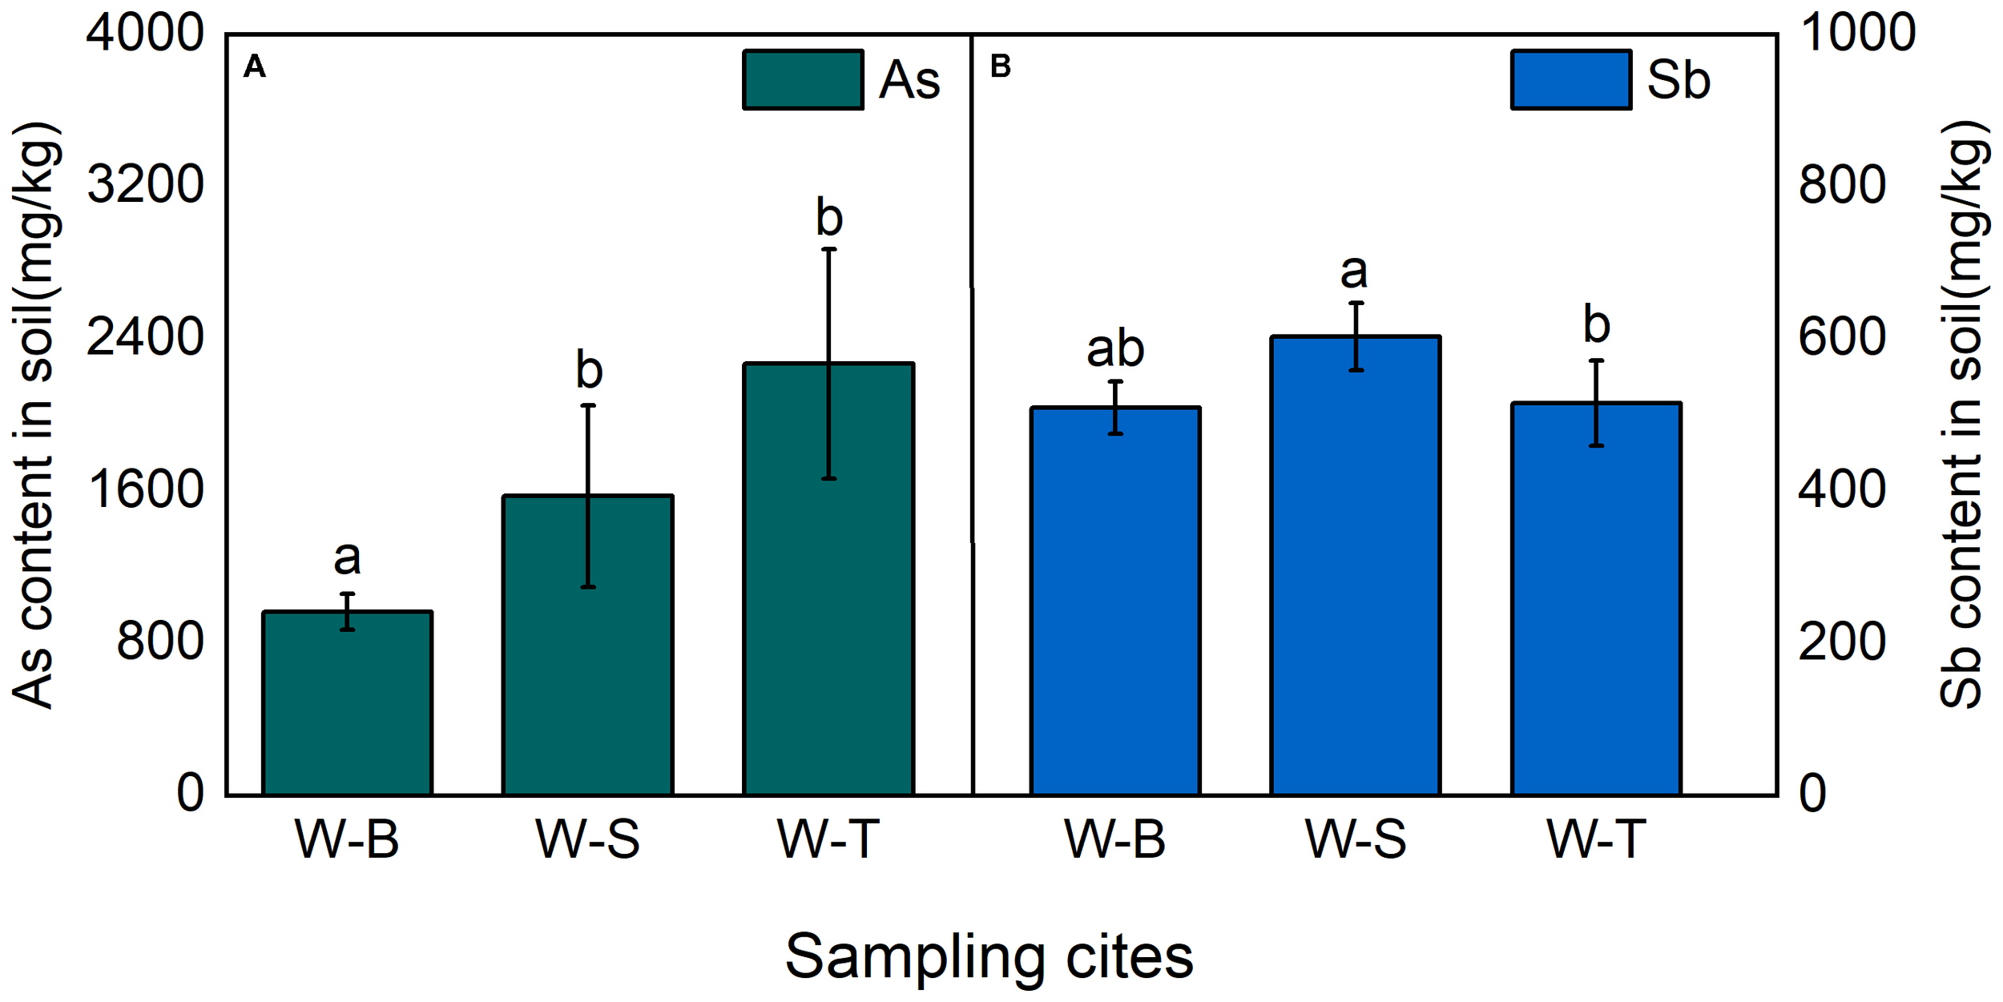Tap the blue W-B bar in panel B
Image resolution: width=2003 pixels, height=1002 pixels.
(x=1115, y=602)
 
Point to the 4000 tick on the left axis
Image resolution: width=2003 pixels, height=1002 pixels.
(x=145, y=34)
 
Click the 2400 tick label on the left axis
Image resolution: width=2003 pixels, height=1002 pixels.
(x=145, y=337)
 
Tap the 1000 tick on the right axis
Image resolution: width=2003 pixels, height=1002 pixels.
(x=1857, y=34)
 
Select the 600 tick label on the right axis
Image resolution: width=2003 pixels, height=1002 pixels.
(x=1842, y=337)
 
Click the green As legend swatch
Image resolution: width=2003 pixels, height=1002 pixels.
(x=803, y=79)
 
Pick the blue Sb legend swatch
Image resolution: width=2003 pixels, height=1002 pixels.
(x=1571, y=79)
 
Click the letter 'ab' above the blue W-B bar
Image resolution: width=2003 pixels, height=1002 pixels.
(x=1115, y=349)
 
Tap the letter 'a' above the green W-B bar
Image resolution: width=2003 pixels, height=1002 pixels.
(x=347, y=557)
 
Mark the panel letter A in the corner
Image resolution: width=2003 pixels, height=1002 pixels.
(x=255, y=66)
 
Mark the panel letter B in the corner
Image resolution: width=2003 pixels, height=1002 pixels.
(x=1001, y=66)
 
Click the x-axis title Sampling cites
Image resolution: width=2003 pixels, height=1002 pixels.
(x=989, y=956)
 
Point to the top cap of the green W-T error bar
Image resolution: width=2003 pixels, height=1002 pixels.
(x=828, y=249)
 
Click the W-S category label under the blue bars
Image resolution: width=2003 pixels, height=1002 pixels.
(x=1356, y=840)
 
